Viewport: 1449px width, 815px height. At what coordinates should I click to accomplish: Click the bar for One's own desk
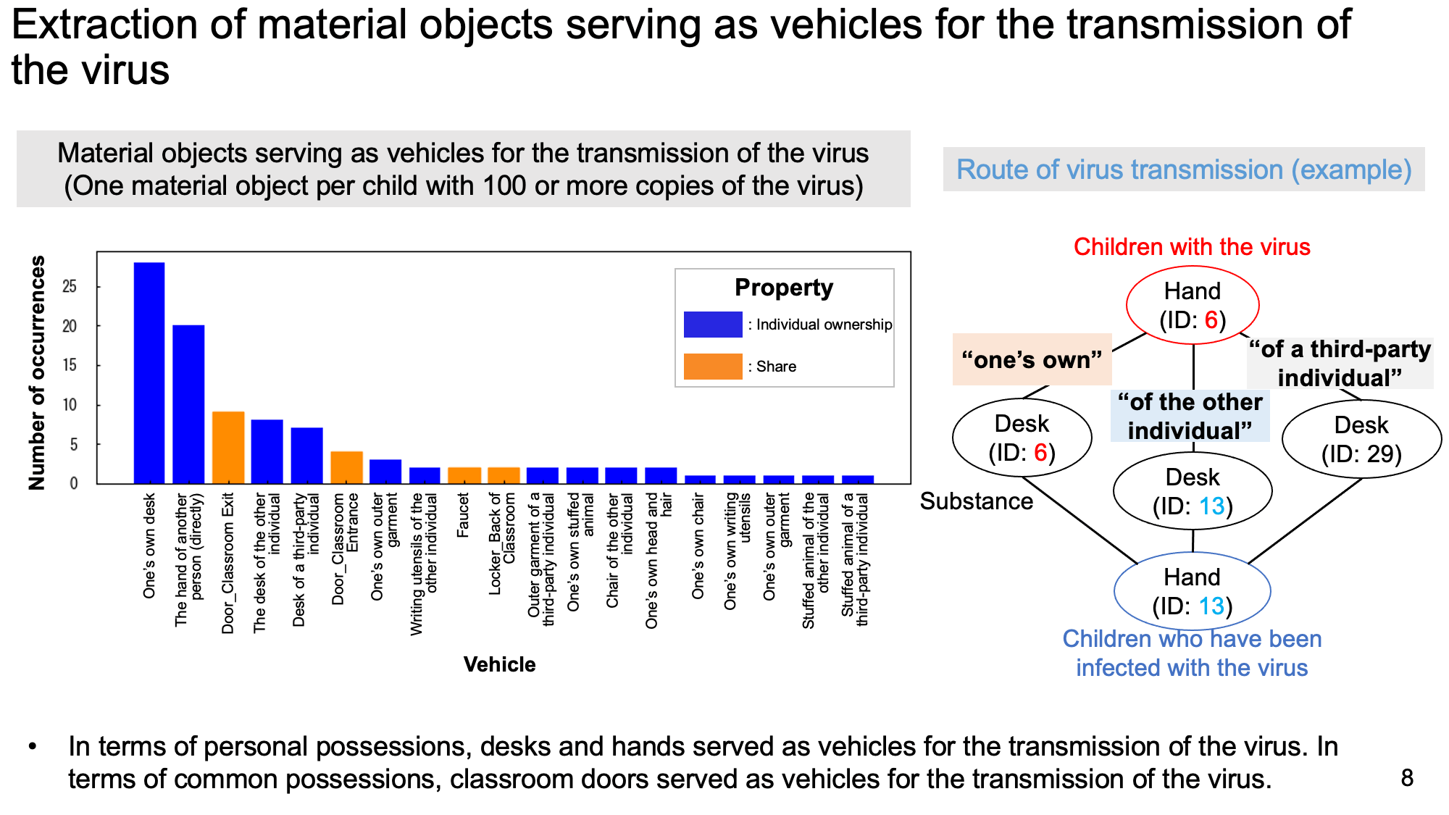click(149, 372)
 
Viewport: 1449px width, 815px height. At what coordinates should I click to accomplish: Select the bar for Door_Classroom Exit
click(228, 447)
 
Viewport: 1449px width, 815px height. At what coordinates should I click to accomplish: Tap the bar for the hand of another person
click(188, 404)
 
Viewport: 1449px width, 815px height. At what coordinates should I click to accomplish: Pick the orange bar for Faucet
click(464, 475)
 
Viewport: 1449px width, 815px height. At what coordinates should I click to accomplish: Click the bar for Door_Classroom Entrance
click(346, 467)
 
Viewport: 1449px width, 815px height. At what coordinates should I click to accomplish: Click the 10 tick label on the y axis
click(70, 405)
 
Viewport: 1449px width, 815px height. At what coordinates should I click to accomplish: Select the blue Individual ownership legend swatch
click(713, 325)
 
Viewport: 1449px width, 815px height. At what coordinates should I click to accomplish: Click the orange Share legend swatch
click(713, 367)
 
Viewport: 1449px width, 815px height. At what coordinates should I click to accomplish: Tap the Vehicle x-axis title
click(500, 664)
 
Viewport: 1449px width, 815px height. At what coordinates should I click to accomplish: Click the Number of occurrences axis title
click(37, 373)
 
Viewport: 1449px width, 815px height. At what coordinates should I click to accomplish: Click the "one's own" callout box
click(1032, 359)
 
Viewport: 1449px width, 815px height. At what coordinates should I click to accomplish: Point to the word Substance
click(977, 501)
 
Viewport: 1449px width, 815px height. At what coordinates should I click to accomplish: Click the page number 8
click(1407, 778)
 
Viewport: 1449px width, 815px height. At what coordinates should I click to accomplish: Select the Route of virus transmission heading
click(1184, 170)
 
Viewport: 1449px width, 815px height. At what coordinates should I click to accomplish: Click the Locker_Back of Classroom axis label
click(501, 543)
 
